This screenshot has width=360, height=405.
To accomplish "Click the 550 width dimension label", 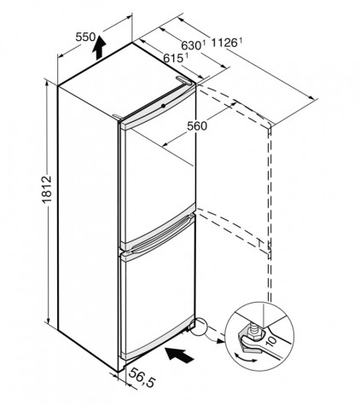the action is pyautogui.click(x=85, y=37).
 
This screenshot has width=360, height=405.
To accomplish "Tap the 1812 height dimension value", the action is pyautogui.click(x=47, y=189).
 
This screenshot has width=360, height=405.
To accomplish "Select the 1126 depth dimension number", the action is pyautogui.click(x=224, y=43).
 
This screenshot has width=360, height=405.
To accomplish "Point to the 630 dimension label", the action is pyautogui.click(x=191, y=45).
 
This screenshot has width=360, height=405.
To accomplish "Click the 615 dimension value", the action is pyautogui.click(x=173, y=59).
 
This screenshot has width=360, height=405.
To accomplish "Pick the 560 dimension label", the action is pyautogui.click(x=197, y=125).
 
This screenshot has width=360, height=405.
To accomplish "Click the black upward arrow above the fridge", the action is pyautogui.click(x=99, y=48).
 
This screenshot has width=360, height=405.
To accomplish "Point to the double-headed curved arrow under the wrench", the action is pyautogui.click(x=246, y=359).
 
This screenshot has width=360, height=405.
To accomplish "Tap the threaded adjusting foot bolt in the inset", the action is pyautogui.click(x=252, y=330).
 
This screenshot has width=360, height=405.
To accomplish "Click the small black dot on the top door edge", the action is pyautogui.click(x=163, y=106).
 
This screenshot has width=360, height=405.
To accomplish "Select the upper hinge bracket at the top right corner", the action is pyautogui.click(x=183, y=80).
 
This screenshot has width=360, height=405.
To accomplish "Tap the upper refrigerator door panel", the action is pyautogui.click(x=158, y=168).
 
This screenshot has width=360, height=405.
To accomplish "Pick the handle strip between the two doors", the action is pyautogui.click(x=160, y=232).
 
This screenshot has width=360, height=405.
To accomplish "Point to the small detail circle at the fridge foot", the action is pyautogui.click(x=199, y=327).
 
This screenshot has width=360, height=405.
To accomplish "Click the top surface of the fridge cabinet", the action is pyautogui.click(x=126, y=83).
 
